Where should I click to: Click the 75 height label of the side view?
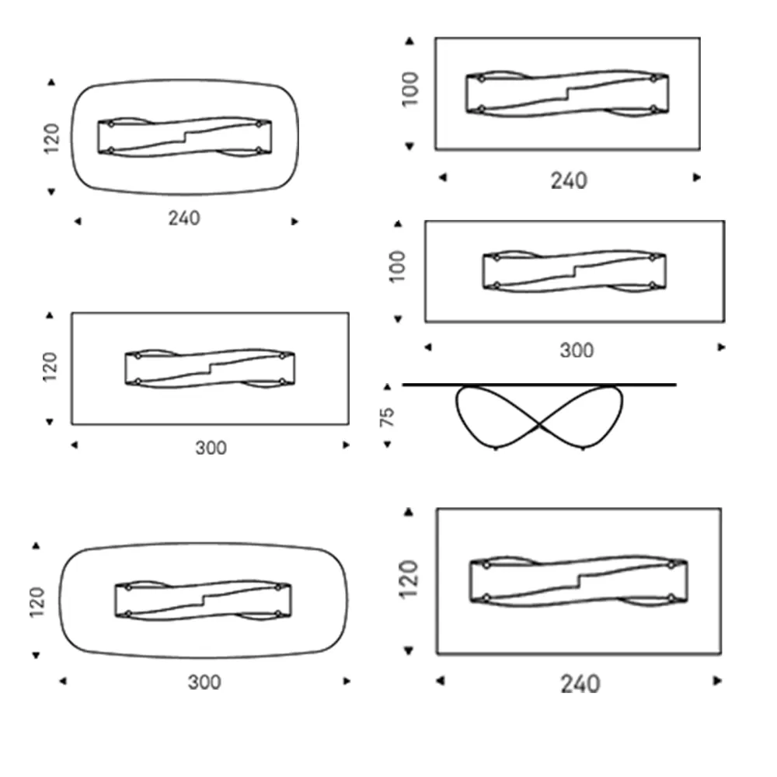(387, 416)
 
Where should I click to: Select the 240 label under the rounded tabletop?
(184, 218)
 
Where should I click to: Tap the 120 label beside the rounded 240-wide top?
(51, 138)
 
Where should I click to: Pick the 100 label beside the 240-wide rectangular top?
(409, 89)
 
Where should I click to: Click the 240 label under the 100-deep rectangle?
(569, 181)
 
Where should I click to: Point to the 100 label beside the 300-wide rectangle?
(397, 267)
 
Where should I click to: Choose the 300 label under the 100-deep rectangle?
(577, 351)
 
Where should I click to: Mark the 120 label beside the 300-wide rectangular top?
(50, 368)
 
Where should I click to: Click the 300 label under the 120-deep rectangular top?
(211, 448)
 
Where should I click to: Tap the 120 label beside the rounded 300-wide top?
(37, 603)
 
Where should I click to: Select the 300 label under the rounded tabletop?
(204, 682)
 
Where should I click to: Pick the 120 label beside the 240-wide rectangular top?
(409, 580)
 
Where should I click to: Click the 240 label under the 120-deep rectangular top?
(580, 685)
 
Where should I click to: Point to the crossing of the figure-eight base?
(539, 425)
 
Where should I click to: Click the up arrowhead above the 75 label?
(388, 386)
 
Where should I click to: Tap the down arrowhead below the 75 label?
(388, 445)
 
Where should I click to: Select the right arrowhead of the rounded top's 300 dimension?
(347, 681)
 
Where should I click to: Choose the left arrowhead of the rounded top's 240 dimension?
(77, 221)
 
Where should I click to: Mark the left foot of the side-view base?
(496, 448)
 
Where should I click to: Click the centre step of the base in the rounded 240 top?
(185, 137)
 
